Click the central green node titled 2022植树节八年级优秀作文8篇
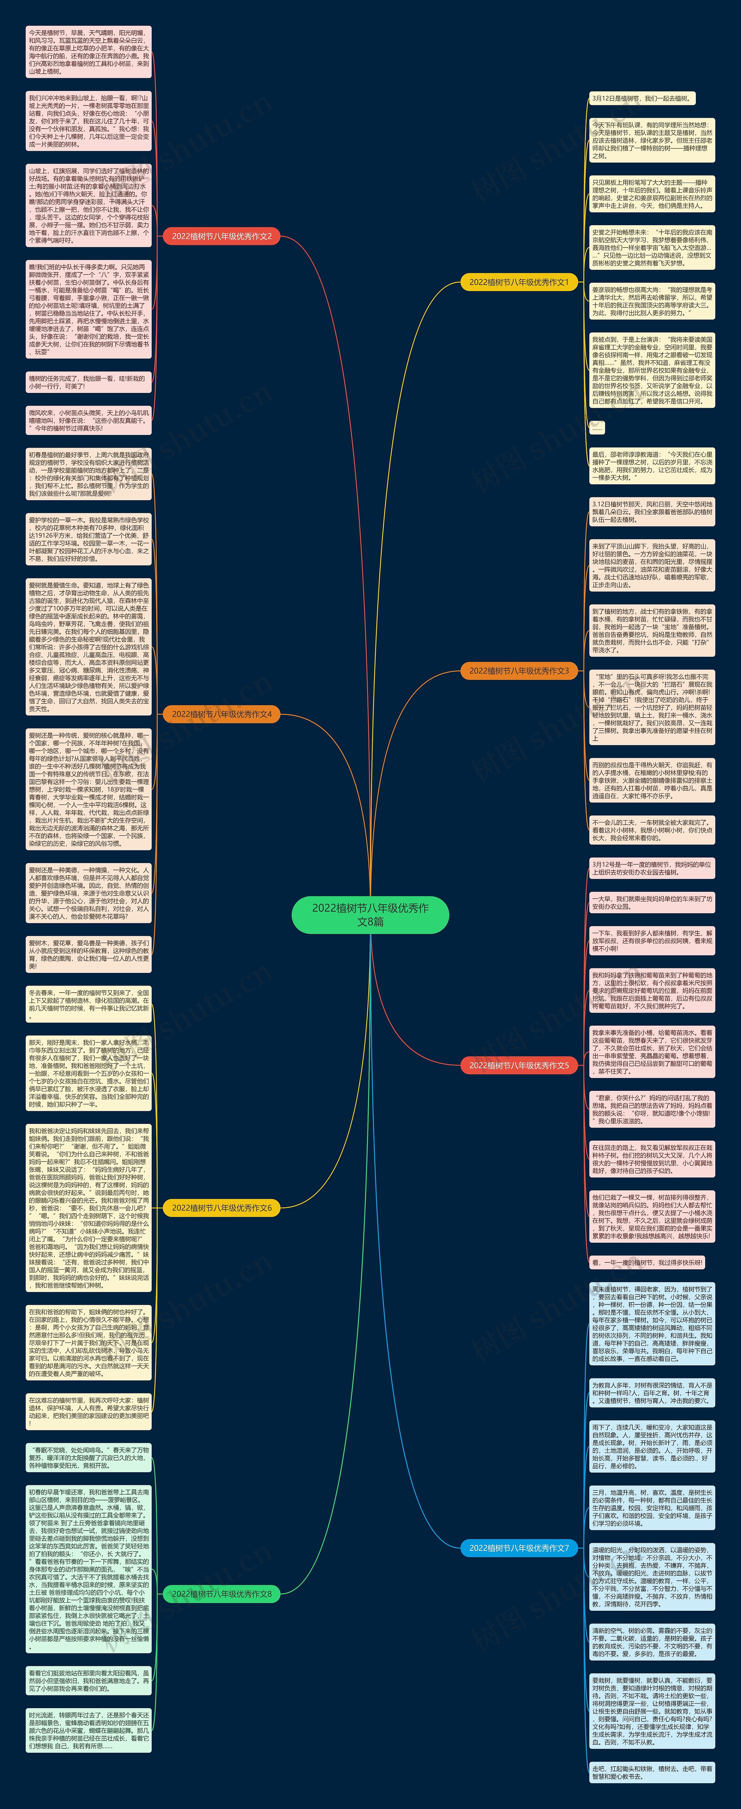pos(370,914)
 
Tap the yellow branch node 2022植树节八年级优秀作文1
pos(519,282)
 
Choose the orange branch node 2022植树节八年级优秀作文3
pos(519,671)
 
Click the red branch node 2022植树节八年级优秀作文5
pos(519,1065)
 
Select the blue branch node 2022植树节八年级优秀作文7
pos(519,1548)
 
